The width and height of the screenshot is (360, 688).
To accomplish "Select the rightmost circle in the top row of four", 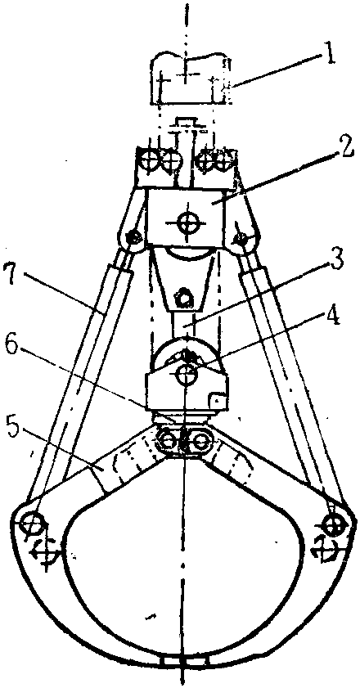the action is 225,161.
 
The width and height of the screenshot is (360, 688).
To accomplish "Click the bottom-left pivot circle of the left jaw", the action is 33,524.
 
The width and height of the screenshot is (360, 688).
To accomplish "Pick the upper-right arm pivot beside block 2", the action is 241,238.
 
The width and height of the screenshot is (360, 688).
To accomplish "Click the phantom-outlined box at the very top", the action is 191,79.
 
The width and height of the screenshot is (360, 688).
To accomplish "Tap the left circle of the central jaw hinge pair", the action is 167,440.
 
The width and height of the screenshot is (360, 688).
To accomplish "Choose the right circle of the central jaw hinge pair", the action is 201,440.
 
